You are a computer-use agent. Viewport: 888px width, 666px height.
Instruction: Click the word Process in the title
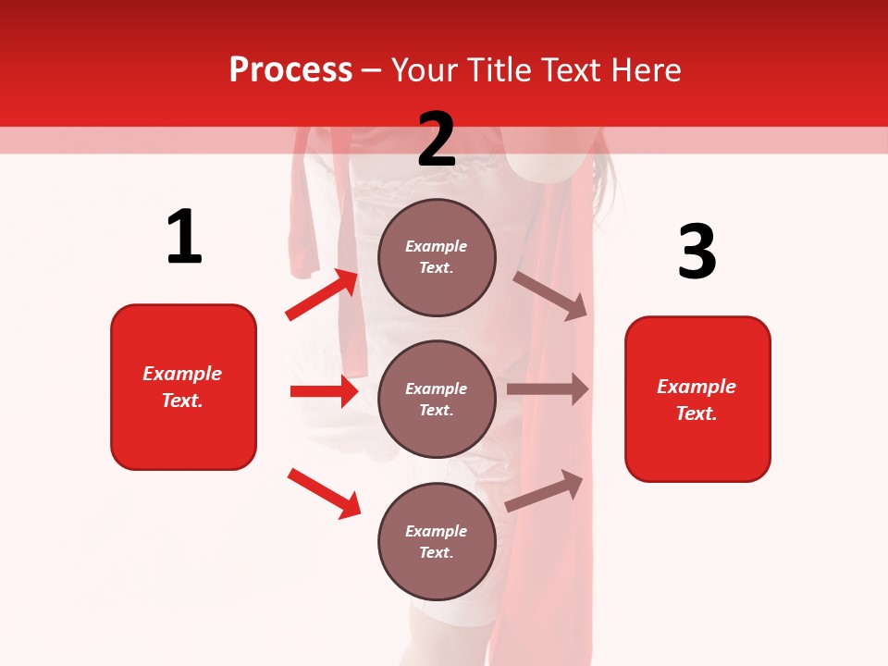[290, 70]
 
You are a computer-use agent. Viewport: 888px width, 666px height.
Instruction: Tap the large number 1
[184, 238]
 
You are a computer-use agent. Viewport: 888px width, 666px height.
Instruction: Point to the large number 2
[437, 140]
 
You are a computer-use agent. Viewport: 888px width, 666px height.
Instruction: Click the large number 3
[697, 253]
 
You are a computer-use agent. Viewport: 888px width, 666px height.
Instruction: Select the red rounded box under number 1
[183, 387]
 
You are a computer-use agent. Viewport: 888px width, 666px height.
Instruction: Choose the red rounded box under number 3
[697, 399]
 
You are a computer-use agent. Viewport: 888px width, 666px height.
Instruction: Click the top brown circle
[437, 257]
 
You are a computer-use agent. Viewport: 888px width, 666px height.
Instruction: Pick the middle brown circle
[437, 399]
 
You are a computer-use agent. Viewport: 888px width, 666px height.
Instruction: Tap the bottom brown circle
[437, 541]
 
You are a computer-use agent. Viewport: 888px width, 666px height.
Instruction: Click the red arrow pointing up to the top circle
[322, 295]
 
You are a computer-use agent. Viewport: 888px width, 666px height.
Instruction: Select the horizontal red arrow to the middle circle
[324, 391]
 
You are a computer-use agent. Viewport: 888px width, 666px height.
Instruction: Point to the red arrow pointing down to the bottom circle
[324, 493]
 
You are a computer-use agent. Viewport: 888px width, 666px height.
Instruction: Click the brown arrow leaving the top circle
[550, 295]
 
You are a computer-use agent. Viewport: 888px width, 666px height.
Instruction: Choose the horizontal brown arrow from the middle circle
[548, 389]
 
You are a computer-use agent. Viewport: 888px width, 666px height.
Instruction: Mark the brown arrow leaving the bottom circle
[545, 491]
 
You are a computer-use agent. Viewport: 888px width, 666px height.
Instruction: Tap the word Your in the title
[422, 70]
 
